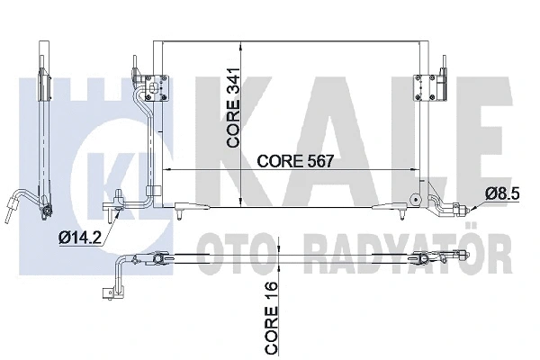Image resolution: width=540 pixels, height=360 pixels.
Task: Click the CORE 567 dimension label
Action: pyautogui.click(x=295, y=160)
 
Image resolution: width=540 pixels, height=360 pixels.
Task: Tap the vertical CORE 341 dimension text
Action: pyautogui.click(x=233, y=108)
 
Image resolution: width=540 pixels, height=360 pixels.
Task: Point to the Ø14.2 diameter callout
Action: pyautogui.click(x=80, y=238)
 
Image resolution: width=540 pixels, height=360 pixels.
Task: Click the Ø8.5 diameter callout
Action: pyautogui.click(x=502, y=194)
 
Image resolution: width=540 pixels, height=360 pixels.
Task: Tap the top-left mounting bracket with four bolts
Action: pyautogui.click(x=157, y=88)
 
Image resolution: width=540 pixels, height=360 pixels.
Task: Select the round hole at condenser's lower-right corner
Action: pyautogui.click(x=416, y=199)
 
